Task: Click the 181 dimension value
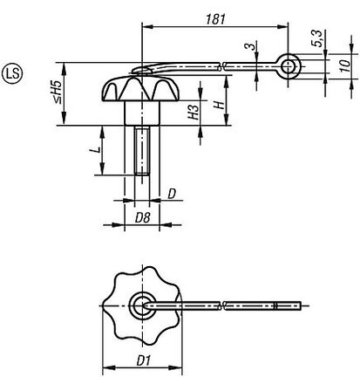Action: [x=215, y=19]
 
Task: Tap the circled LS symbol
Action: [x=12, y=73]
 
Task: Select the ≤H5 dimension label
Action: [x=58, y=92]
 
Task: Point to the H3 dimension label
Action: [x=194, y=112]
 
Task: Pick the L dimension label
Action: [x=98, y=150]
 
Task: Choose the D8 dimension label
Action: [x=142, y=217]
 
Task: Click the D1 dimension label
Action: [x=143, y=361]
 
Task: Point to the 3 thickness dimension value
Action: [x=250, y=46]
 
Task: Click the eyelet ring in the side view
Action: [x=288, y=66]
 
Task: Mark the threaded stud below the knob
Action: [x=142, y=150]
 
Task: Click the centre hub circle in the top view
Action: [x=142, y=305]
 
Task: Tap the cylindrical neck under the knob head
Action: [x=142, y=113]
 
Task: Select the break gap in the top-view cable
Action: [x=222, y=305]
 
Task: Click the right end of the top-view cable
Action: [x=301, y=305]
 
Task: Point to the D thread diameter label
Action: [x=172, y=194]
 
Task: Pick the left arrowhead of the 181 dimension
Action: [x=147, y=27]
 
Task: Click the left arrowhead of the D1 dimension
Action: [x=109, y=368]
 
